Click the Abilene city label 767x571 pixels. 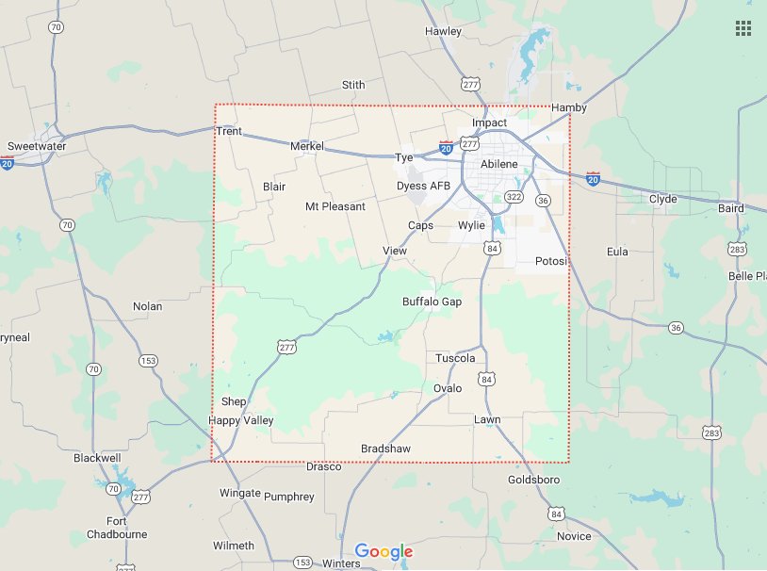coord(499,164)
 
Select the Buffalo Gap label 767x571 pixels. coord(432,302)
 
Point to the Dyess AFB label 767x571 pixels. coord(423,186)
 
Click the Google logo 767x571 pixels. coord(383,551)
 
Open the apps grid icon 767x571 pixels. coord(743,28)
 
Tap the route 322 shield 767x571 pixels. coord(514,197)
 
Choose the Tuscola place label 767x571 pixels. coord(455,358)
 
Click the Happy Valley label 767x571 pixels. coord(240,420)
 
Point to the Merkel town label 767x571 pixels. coord(306,147)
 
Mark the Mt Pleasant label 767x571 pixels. coord(335,206)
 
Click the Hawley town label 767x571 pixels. coord(444,31)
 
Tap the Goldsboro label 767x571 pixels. coord(533,480)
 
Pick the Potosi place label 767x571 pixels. coord(550,261)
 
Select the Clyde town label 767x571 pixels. coord(663,199)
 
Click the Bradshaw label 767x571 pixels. coord(385,449)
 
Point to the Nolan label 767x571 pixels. coord(147,306)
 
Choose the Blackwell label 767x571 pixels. coord(97,458)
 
